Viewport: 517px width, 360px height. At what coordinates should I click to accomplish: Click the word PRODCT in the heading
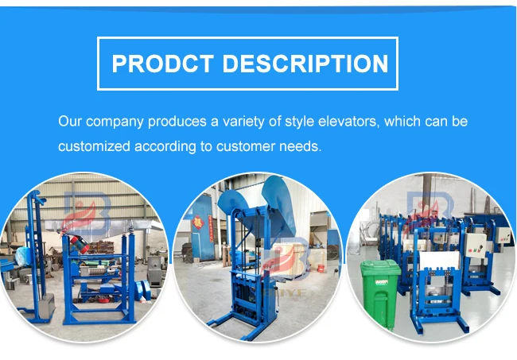pyautogui.click(x=156, y=64)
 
